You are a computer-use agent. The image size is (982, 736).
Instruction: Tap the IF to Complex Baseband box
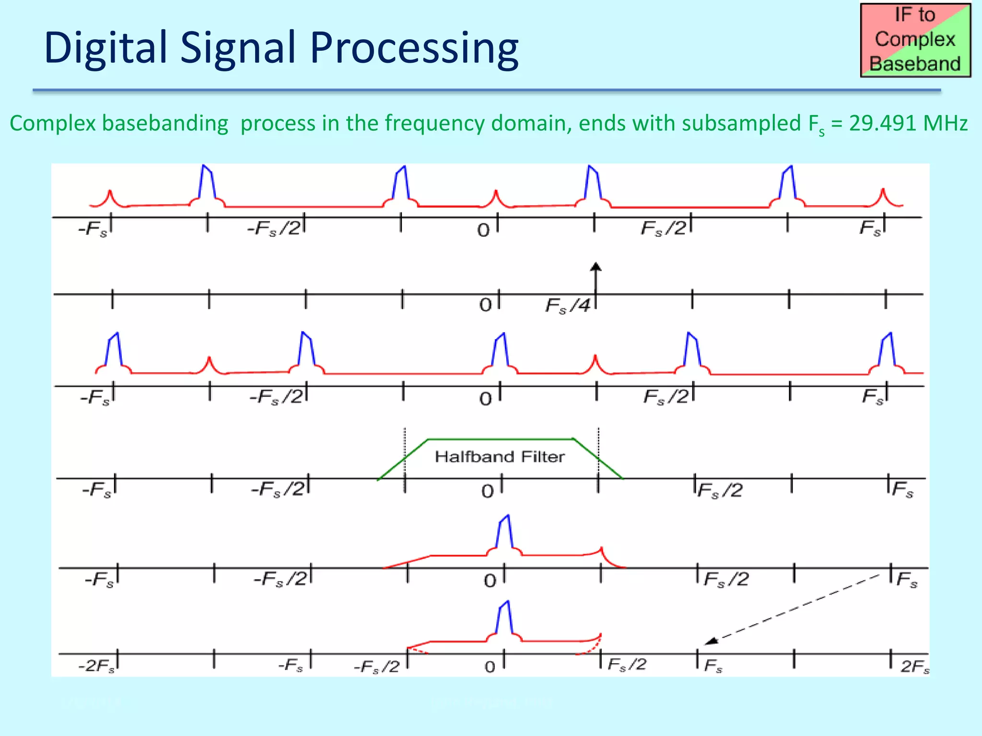pos(915,40)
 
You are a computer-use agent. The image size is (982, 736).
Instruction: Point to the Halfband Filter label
pos(500,457)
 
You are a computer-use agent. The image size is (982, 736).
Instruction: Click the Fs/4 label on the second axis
pos(568,305)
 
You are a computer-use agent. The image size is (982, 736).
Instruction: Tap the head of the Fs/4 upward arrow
pos(596,267)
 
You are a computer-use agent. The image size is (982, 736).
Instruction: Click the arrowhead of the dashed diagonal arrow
pos(710,641)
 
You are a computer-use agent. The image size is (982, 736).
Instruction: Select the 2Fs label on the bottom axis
pos(914,667)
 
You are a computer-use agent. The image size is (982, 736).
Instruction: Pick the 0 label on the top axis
pos(483,230)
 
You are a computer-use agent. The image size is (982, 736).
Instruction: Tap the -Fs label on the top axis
pos(93,229)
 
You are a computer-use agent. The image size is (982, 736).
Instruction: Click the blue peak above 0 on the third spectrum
pos(500,350)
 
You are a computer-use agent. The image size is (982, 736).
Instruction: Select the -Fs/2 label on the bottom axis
pos(376,667)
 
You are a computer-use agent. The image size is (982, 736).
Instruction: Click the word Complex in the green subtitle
pos(52,123)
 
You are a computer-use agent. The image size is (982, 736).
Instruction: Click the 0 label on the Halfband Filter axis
pos(488,491)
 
